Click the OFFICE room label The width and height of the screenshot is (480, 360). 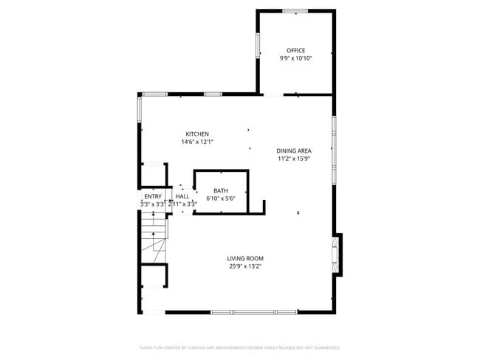(295, 50)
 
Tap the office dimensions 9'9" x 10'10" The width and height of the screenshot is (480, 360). (295, 58)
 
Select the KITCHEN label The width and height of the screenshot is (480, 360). (197, 134)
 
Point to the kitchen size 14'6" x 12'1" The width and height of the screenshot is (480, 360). (197, 142)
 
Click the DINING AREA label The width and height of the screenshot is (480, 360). (295, 150)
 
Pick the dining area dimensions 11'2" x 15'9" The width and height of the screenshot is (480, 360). (295, 158)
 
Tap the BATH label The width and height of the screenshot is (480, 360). (221, 190)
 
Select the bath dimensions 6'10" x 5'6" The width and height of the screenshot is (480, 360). (221, 198)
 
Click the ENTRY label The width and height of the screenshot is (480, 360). (153, 196)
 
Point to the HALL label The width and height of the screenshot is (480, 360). (182, 196)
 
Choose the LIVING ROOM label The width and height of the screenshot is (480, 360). (245, 258)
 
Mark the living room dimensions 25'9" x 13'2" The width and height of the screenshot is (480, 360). (245, 266)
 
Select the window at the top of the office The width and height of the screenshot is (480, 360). (295, 11)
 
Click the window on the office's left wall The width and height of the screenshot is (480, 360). (257, 46)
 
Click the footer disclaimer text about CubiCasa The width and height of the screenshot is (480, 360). (239, 347)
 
